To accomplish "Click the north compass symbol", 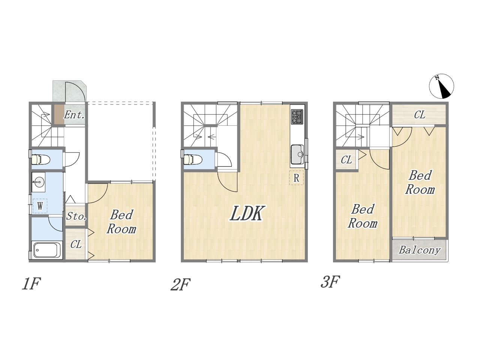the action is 441,86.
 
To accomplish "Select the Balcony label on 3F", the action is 419,250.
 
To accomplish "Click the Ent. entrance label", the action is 74,115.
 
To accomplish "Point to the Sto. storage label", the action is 76,216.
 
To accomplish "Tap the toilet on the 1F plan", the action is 40,159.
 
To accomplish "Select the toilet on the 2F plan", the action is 193,159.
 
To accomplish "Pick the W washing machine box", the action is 40,206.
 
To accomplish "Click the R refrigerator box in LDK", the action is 296,178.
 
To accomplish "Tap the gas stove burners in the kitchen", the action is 297,117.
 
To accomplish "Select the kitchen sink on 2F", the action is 297,154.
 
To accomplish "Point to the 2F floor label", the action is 180,284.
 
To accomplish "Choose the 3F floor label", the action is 330,282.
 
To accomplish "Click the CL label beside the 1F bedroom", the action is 76,244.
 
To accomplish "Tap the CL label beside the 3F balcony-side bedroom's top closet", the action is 419,115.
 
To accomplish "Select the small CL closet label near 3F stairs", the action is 346,160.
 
